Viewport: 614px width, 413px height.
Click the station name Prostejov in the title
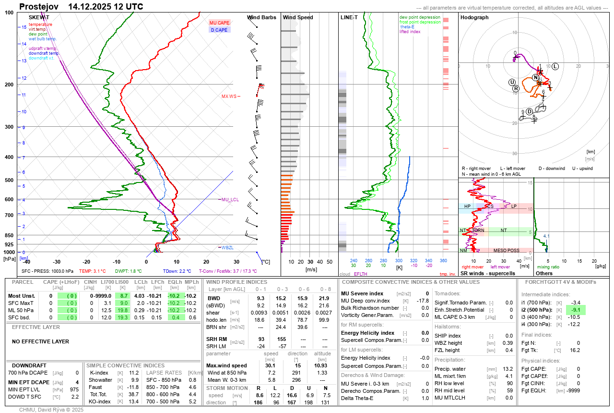[39, 7]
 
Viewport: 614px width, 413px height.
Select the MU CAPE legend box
[220, 23]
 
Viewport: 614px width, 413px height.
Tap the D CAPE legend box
[220, 30]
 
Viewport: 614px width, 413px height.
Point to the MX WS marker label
[229, 97]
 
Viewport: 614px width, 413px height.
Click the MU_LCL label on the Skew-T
[230, 199]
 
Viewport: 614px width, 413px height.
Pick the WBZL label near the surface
[227, 248]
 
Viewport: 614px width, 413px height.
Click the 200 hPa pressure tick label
[9, 85]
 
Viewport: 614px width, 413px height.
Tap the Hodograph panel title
[474, 17]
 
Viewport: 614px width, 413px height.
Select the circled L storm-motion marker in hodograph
[555, 66]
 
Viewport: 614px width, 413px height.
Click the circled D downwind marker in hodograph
[530, 111]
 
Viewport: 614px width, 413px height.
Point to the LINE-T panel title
[349, 17]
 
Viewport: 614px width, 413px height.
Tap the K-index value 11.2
[134, 373]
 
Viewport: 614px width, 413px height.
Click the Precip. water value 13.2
[508, 369]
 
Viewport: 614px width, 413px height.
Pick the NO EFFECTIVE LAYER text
[40, 341]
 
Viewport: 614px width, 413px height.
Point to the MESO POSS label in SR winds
[506, 250]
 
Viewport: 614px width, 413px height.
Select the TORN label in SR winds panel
[478, 231]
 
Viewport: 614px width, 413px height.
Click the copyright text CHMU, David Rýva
[51, 410]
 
